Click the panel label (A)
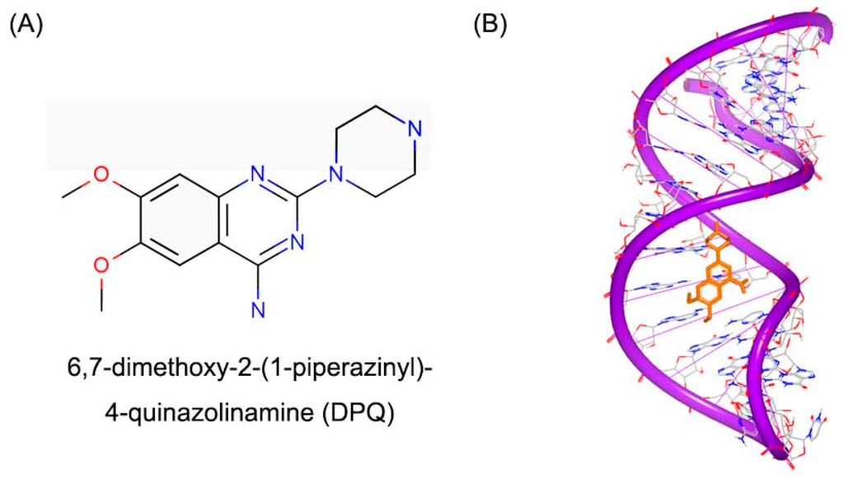(26, 24)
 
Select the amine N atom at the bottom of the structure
(258, 310)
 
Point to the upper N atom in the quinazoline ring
(258, 174)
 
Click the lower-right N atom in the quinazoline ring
(298, 242)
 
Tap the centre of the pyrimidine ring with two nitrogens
(258, 219)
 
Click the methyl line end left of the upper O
(63, 197)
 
